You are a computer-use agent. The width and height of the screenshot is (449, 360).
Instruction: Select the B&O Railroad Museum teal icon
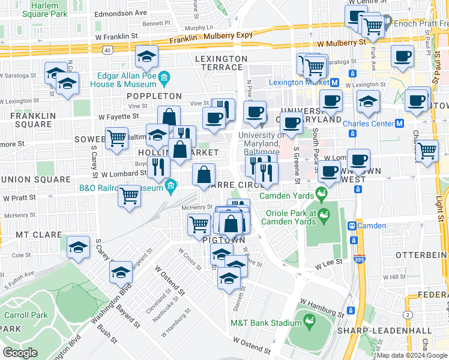[x=171, y=188]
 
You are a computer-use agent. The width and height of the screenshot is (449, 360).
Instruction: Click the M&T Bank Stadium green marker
[x=310, y=322]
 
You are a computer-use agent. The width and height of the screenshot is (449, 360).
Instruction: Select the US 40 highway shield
[x=106, y=49]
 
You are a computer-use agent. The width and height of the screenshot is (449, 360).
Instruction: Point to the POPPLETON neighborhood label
[x=154, y=96]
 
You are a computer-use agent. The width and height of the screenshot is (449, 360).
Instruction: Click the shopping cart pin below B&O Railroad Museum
[x=130, y=196]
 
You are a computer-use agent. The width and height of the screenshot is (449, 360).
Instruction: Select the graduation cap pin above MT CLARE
[x=78, y=247]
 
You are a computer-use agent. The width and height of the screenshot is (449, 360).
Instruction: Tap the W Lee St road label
[x=329, y=262]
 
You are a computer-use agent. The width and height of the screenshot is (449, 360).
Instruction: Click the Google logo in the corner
[x=20, y=353]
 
